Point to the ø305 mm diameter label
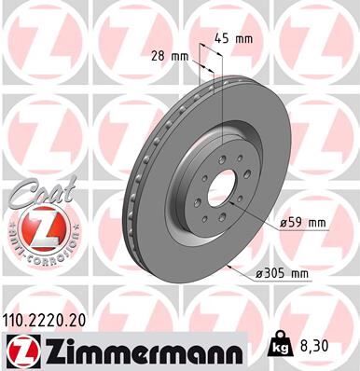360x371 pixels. (285, 273)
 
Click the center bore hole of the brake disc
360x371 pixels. (222, 192)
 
